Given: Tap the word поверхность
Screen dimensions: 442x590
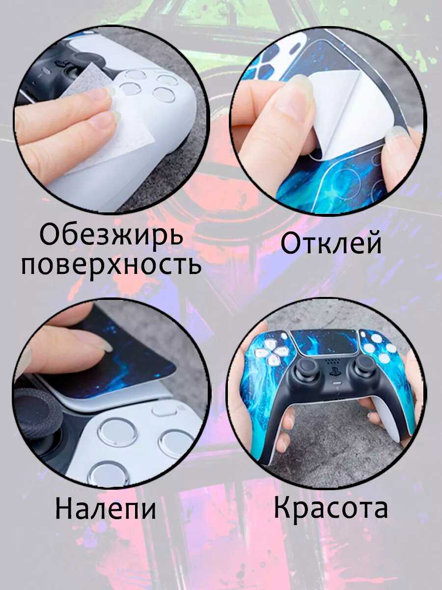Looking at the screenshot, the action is click(x=111, y=265).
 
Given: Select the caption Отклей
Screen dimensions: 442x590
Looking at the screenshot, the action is click(x=331, y=244).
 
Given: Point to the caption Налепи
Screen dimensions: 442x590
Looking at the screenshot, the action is click(x=106, y=508).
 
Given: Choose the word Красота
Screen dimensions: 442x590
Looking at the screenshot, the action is click(x=331, y=507).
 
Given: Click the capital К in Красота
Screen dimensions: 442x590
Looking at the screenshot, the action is click(x=284, y=507).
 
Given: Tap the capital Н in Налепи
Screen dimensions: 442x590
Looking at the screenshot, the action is click(x=65, y=508).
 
